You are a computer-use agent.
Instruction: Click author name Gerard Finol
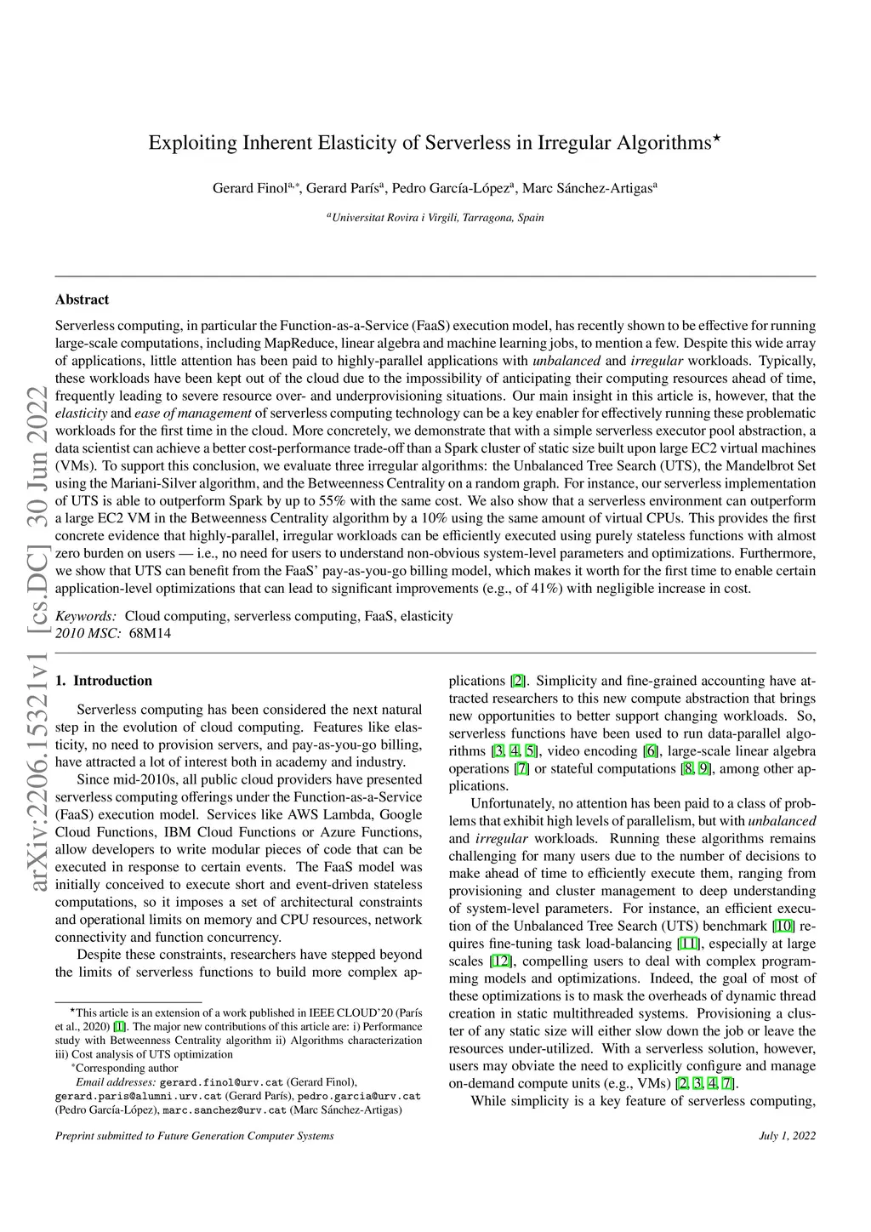click(249, 188)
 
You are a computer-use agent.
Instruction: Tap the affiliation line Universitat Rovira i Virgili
click(437, 218)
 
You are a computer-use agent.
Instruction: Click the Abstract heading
click(82, 299)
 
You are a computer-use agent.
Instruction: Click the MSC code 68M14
click(150, 633)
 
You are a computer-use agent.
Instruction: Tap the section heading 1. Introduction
click(103, 681)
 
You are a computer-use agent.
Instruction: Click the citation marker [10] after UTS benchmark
click(783, 926)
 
